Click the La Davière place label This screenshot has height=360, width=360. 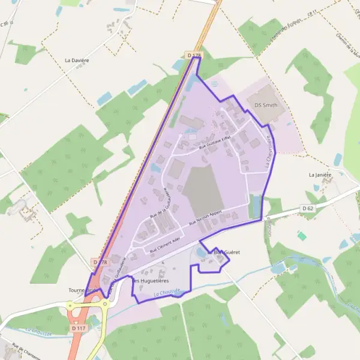point(77,61)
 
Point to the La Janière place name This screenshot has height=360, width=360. point(320,175)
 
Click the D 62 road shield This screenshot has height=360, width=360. point(308,208)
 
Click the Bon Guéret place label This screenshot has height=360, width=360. point(227,253)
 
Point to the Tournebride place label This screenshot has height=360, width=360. point(82,290)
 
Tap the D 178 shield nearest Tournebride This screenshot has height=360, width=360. point(100,262)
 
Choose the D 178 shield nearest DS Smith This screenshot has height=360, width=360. point(193,55)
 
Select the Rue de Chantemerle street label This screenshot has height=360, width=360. point(25,352)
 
